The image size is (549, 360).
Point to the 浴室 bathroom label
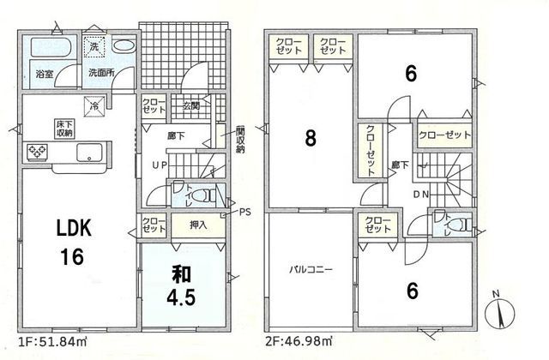click(43, 75)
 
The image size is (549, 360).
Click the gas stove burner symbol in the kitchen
click(39, 153)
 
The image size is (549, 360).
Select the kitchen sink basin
click(88, 154)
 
